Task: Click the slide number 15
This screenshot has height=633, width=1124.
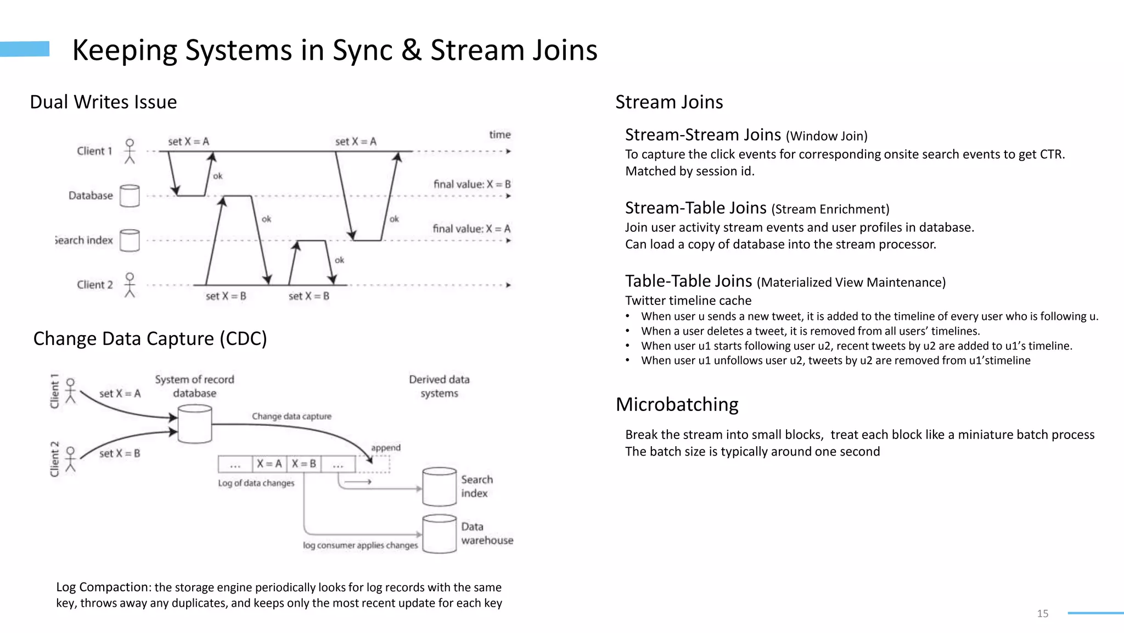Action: (x=1042, y=613)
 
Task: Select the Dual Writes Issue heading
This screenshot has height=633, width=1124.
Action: (x=103, y=102)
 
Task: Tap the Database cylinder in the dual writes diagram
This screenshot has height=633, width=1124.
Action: (x=130, y=196)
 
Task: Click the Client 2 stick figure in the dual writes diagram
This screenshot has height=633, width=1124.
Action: (x=130, y=285)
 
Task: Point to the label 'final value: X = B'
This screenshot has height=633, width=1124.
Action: (x=471, y=184)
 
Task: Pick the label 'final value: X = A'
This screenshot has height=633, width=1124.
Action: (x=471, y=229)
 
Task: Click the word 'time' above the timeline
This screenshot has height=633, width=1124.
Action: (x=499, y=135)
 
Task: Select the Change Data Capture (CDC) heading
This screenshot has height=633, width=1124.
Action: (x=150, y=338)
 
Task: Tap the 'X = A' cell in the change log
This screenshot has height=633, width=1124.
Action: (x=269, y=464)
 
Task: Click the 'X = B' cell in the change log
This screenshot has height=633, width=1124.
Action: (x=304, y=464)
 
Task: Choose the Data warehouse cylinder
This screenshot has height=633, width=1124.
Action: (x=439, y=534)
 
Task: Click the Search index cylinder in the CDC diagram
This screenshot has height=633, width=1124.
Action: (x=439, y=486)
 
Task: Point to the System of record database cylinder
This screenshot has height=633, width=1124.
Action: (x=195, y=424)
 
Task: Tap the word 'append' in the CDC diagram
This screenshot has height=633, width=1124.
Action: (x=385, y=448)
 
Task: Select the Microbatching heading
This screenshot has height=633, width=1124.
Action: (x=677, y=404)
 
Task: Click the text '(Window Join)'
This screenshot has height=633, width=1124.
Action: (x=827, y=136)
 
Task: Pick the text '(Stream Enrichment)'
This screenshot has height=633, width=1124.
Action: (x=830, y=209)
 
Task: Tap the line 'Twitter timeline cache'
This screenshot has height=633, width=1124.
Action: (x=688, y=301)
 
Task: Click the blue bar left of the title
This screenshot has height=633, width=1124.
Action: (x=25, y=49)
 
